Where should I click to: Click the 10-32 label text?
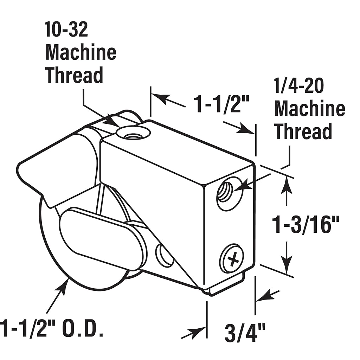coord(66,30)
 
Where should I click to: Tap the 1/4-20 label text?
coord(299,85)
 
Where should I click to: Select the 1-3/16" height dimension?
coord(306,225)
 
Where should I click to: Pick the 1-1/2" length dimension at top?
coord(221,104)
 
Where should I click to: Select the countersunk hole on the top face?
coord(133,133)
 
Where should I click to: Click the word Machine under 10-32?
coord(81,53)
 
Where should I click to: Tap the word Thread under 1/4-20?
coord(303,131)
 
